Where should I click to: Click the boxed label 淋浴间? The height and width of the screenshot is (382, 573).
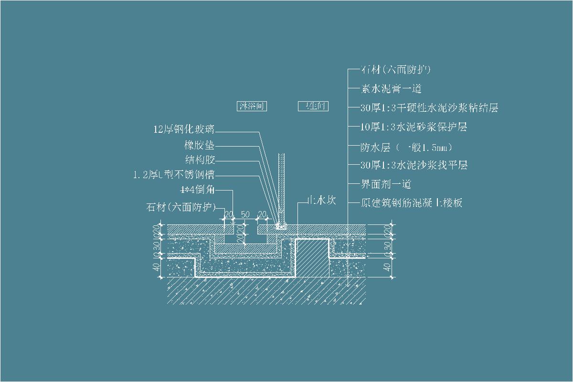pos(252,106)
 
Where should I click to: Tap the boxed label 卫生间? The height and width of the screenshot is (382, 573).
pos(313,106)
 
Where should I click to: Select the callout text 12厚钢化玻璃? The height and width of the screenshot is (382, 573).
pos(184,129)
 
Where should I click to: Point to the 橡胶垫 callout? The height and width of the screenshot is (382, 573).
pos(200,145)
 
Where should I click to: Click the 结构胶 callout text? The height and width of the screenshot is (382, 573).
pos(200,159)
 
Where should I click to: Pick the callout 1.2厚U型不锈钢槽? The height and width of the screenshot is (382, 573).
pos(174,175)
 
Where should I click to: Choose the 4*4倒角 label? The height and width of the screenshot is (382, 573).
pos(197,190)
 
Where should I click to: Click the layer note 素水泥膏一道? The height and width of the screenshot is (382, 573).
pos(392,89)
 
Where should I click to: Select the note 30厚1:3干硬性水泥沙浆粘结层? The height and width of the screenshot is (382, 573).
pos(429,108)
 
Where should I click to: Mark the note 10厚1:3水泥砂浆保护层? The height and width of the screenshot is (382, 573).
pos(414,127)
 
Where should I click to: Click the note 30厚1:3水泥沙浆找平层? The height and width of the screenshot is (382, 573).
pos(414,165)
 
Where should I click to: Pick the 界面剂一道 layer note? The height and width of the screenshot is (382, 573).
pos(386,184)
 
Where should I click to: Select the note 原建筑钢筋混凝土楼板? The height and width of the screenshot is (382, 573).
pos(412,203)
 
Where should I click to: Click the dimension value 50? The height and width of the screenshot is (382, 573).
pos(245,215)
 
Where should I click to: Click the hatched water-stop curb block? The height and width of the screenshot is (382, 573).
pos(311,258)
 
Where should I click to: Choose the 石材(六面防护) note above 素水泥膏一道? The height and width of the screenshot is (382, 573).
pos(396,70)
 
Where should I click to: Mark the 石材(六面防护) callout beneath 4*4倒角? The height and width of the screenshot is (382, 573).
pos(180,207)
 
